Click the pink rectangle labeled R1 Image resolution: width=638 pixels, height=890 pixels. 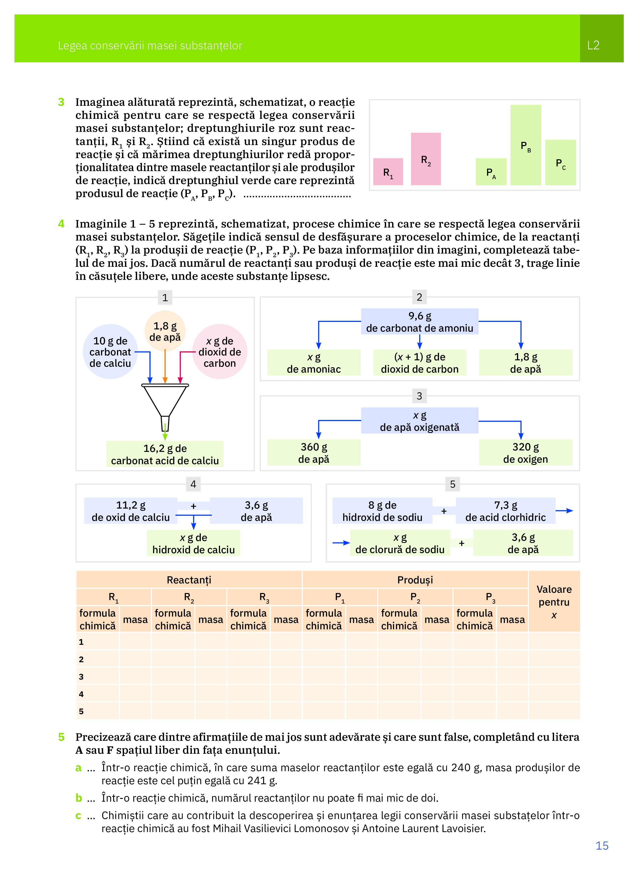pos(388,172)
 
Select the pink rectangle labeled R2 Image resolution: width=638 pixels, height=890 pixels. pos(426,159)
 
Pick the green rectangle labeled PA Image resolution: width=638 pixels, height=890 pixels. pos(491,172)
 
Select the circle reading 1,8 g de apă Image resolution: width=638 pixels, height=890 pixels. pos(165,331)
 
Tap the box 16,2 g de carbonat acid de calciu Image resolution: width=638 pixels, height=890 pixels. pos(165,454)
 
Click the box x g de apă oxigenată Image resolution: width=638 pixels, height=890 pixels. pos(419,421)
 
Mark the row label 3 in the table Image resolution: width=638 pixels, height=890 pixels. pos(81,676)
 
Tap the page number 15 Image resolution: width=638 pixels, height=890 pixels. pos(601,846)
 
